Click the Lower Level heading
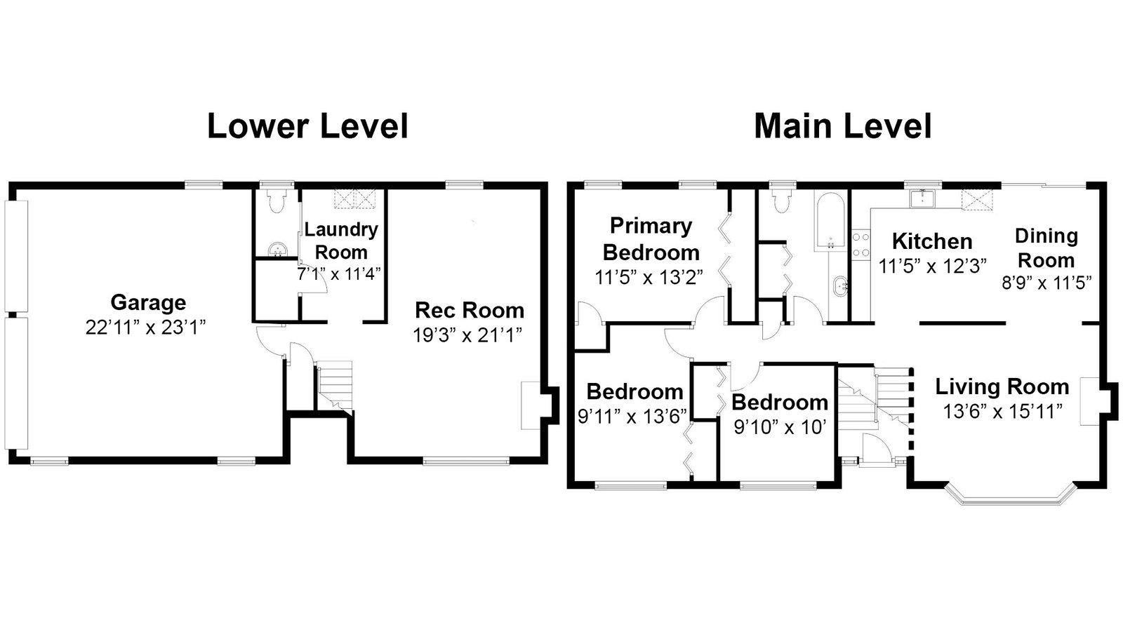point(308,126)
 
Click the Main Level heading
point(843,126)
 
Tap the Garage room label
point(148,302)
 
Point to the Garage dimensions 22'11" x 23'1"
point(145,328)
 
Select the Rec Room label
point(470,311)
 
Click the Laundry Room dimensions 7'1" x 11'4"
point(339,274)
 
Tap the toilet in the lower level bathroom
point(277,201)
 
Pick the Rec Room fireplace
point(531,405)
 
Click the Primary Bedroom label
point(651,239)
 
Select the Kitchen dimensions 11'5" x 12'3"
point(933,266)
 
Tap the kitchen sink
point(922,198)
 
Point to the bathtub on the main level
point(831,220)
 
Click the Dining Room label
point(1046,248)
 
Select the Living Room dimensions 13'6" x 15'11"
point(1003,412)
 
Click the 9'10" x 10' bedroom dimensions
point(780,427)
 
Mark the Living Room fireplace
point(1089,402)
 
